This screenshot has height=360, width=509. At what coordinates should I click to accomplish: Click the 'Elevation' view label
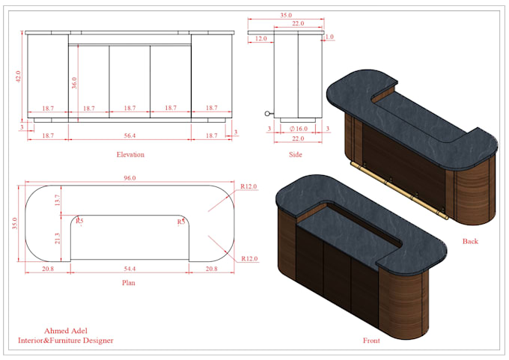pos(129,155)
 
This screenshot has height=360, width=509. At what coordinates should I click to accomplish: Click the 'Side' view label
pos(295,155)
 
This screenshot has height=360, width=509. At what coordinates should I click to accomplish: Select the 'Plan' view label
pos(128,283)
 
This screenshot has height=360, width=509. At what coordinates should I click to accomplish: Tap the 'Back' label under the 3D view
pos(470,241)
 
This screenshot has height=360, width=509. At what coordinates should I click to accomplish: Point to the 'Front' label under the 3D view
pos(371,341)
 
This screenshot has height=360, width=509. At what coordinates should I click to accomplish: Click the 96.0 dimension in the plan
pos(129,178)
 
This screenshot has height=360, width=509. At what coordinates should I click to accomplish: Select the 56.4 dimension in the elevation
pos(129,135)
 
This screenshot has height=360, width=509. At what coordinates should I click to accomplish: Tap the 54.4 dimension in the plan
pos(129,268)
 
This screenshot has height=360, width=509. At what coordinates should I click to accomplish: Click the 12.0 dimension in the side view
pos(260,38)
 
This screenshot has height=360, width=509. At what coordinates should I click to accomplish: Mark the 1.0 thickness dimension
pos(330,36)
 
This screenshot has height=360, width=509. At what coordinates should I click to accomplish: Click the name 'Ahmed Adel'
pos(66,330)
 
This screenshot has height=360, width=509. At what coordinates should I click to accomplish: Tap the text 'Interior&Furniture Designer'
pos(66,341)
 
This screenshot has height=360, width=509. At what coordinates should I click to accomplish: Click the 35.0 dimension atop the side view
pos(285,13)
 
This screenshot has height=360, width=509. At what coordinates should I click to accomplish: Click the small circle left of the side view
pos(266,114)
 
